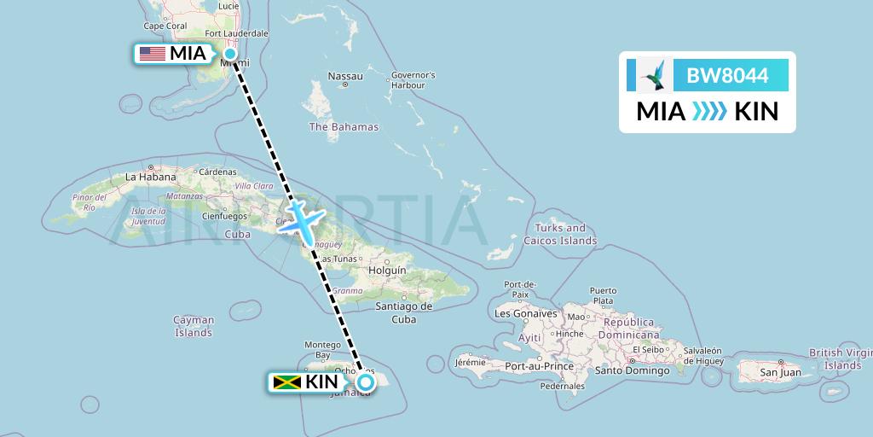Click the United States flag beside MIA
pos(153,54)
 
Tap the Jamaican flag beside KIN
pos(288,382)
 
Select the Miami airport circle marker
pos(230,54)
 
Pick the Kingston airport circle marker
pos(365,382)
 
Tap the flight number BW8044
pos(727,76)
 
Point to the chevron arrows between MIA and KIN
pos(709,112)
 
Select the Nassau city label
pos(345,77)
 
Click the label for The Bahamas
pos(344,127)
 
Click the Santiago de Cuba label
pos(404,312)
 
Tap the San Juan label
pos(780,373)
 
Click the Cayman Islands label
pos(194,326)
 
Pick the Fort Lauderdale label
pos(236,34)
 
